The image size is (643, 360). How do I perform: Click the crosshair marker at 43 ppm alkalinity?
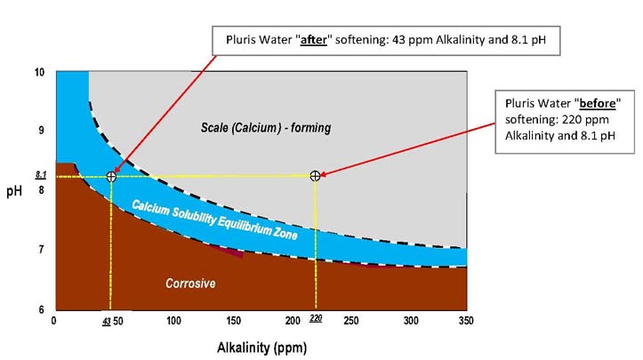[111, 176]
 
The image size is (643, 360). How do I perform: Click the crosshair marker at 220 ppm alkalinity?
[315, 176]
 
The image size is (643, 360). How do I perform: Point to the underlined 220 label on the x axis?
[315, 318]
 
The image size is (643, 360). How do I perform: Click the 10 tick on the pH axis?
[39, 72]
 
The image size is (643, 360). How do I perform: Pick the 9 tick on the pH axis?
[41, 131]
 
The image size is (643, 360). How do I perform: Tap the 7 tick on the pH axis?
[41, 250]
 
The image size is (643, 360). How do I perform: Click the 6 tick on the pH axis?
[41, 308]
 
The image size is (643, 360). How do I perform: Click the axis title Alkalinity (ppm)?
[259, 345]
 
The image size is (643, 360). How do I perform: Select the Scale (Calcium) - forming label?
[265, 128]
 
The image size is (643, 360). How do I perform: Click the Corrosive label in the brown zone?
[190, 284]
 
